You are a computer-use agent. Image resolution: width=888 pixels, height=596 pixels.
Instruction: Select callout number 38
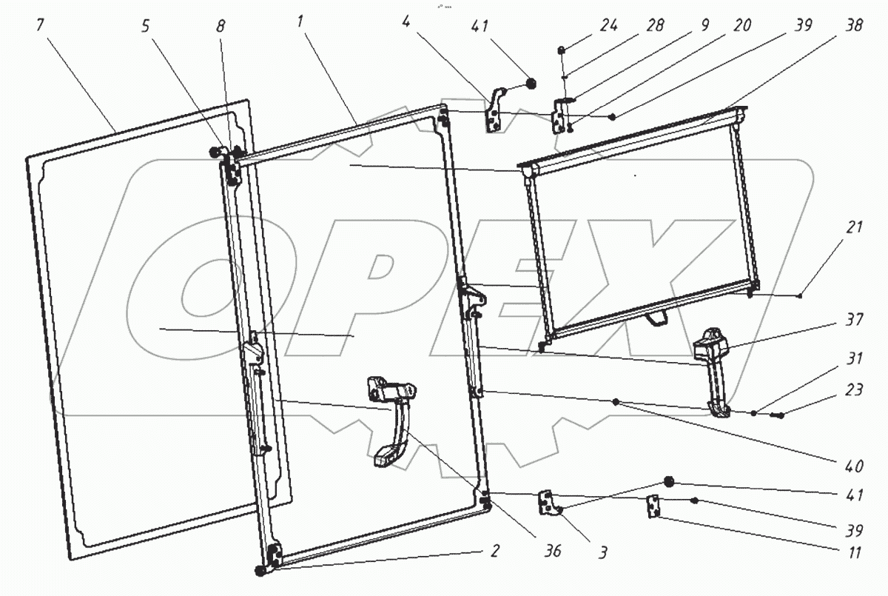[855, 24]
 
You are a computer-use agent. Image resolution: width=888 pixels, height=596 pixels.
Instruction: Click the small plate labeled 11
[653, 507]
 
